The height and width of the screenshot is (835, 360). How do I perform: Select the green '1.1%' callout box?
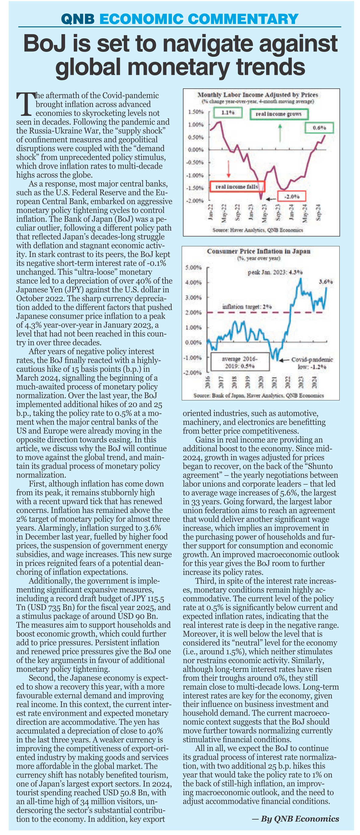pos(228,113)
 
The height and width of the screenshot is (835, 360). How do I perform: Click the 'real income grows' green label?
pos(279,114)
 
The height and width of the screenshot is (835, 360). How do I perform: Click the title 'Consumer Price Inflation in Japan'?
pos(259,251)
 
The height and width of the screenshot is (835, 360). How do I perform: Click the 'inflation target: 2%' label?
pos(247,306)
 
